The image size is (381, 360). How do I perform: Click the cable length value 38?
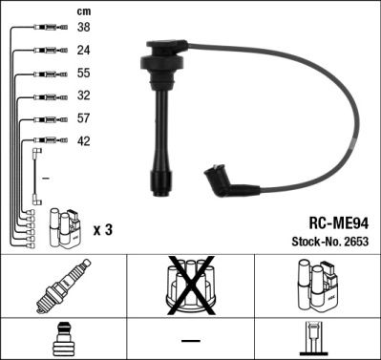[83, 29]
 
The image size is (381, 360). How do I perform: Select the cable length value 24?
[83, 51]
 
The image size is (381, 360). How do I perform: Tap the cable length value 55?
[83, 74]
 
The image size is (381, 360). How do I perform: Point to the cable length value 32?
[83, 96]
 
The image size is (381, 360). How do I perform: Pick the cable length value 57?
[83, 119]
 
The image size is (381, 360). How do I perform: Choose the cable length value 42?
[83, 141]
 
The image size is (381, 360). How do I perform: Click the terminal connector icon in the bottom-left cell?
[63, 340]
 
